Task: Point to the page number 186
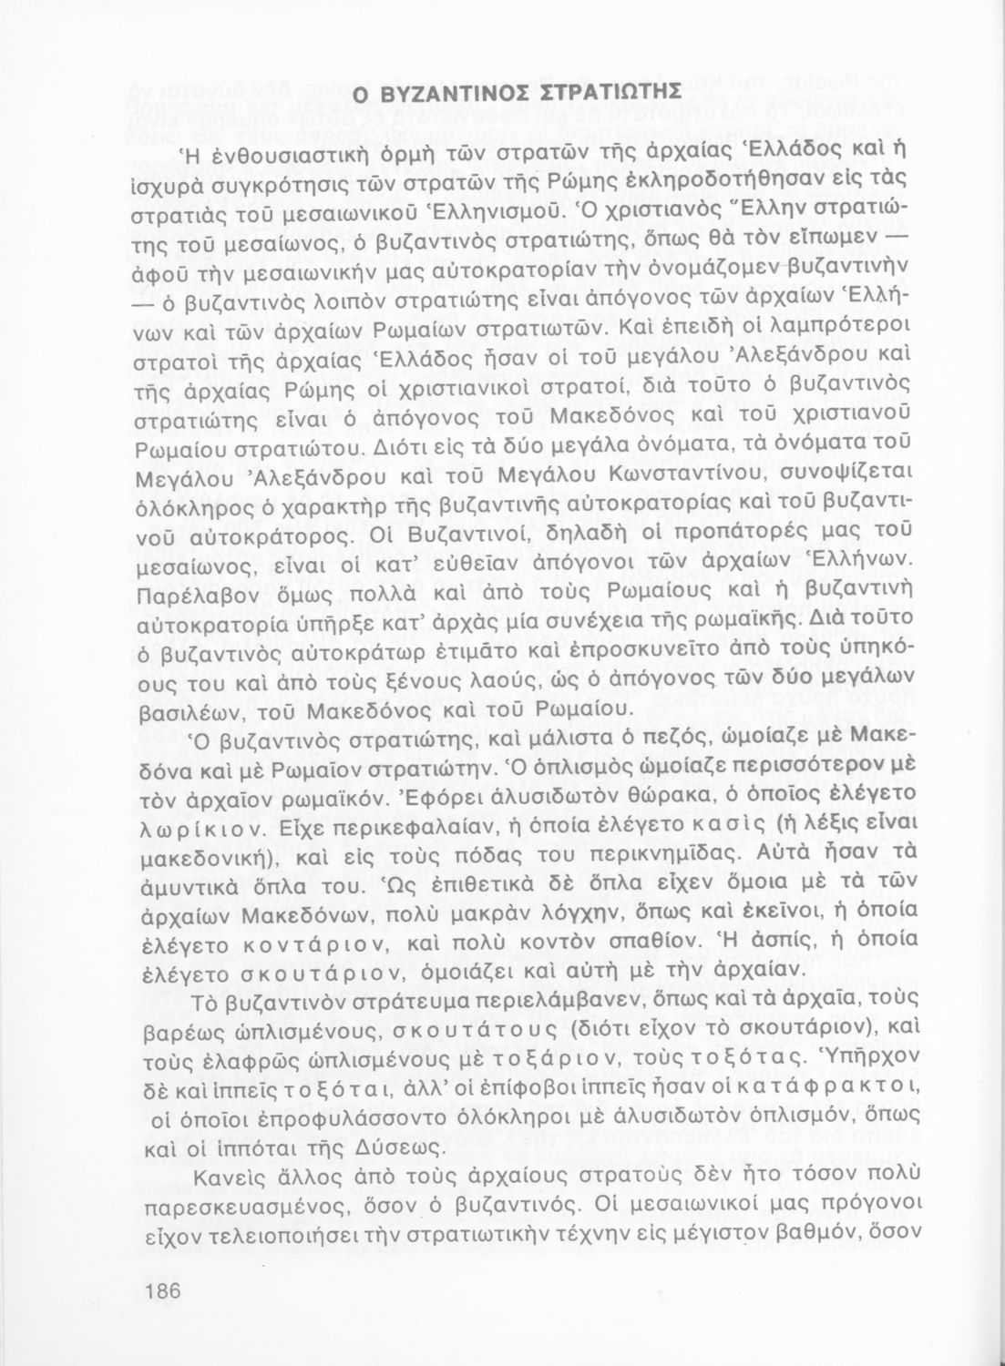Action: click(x=164, y=1290)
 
